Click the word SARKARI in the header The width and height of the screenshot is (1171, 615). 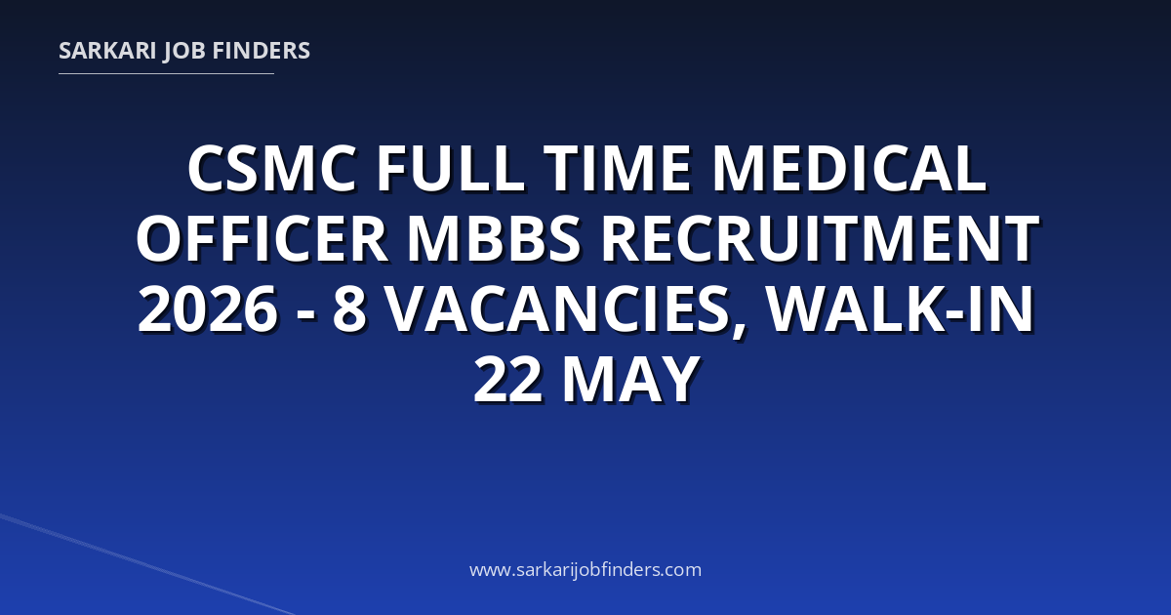tap(107, 51)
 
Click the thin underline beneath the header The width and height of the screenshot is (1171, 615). tap(166, 74)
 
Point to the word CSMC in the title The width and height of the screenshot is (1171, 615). tap(272, 169)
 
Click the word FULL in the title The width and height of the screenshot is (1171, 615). tap(450, 169)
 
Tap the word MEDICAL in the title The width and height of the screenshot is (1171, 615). tap(849, 169)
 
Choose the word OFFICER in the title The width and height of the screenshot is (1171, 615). tap(262, 239)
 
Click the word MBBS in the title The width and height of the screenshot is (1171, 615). tap(494, 239)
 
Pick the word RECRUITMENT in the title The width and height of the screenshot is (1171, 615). tap(820, 239)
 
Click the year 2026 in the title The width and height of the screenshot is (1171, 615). tap(208, 309)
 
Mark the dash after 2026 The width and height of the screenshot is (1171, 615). tap(305, 314)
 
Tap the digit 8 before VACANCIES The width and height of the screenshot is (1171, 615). tap(349, 309)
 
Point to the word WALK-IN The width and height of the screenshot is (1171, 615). tap(900, 309)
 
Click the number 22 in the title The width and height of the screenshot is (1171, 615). tap(507, 379)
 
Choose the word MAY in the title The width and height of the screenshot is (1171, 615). tap(630, 379)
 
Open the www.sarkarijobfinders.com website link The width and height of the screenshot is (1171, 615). tap(585, 570)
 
